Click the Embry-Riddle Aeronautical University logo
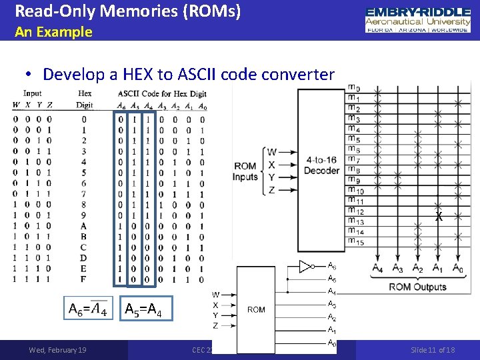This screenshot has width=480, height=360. (x=418, y=21)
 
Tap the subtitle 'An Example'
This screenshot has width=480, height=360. (x=53, y=31)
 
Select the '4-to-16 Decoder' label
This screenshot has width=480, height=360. (x=322, y=165)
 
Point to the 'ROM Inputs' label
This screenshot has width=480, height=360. (x=245, y=171)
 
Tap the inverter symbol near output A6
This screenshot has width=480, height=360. (x=306, y=267)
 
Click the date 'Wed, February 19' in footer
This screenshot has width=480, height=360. (x=57, y=350)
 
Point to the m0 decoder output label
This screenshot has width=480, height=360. (x=354, y=89)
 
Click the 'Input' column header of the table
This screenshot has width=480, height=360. (x=32, y=93)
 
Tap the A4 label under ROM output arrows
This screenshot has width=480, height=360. (x=377, y=268)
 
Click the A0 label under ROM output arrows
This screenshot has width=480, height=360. (x=457, y=268)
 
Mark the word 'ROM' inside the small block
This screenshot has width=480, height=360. (x=256, y=309)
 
